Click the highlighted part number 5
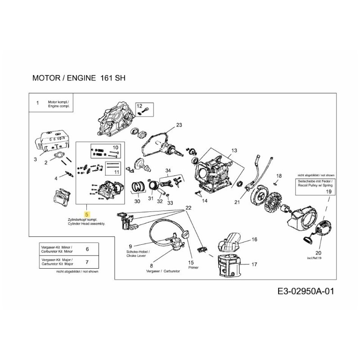[x=87, y=214]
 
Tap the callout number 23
[x=179, y=125]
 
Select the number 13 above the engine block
[x=234, y=150]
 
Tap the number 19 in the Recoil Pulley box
[x=328, y=191]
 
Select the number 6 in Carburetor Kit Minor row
[x=87, y=249]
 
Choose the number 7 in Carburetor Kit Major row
[x=87, y=261]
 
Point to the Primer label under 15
[x=194, y=267]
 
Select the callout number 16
[x=254, y=240]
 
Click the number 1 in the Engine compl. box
[x=38, y=103]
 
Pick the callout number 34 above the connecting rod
[x=168, y=171]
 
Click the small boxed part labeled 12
[x=146, y=108]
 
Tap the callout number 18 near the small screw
[x=279, y=175]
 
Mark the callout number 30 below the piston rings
[x=137, y=201]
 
